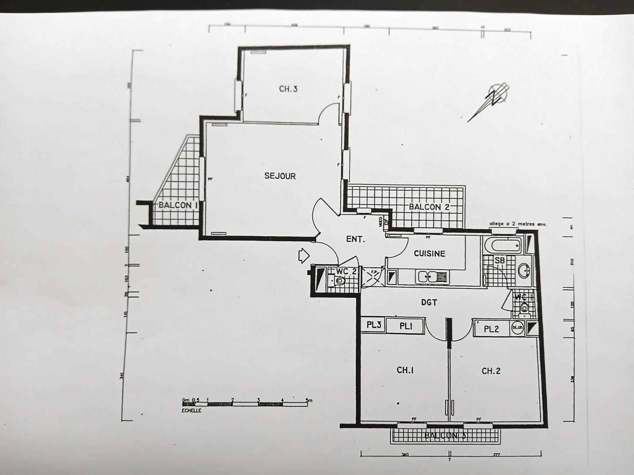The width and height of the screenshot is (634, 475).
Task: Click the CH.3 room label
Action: [288, 89]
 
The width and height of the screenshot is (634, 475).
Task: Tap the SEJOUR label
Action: [280, 176]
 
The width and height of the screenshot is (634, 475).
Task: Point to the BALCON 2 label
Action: [429, 207]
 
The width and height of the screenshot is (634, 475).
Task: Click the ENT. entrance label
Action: [355, 239]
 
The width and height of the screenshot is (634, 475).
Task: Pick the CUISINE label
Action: [429, 254]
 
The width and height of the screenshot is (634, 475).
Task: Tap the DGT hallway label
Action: [429, 303]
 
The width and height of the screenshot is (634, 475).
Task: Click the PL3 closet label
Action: [374, 325]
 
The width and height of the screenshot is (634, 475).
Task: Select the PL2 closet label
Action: [491, 329]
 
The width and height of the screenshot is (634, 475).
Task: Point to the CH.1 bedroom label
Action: [405, 370]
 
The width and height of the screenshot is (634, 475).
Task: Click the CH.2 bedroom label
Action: [491, 371]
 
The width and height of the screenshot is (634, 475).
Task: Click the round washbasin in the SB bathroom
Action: [524, 270]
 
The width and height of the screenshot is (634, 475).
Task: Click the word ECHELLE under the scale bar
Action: [192, 410]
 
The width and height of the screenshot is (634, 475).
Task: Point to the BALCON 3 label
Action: [445, 436]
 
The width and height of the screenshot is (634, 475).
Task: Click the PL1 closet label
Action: [405, 326]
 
